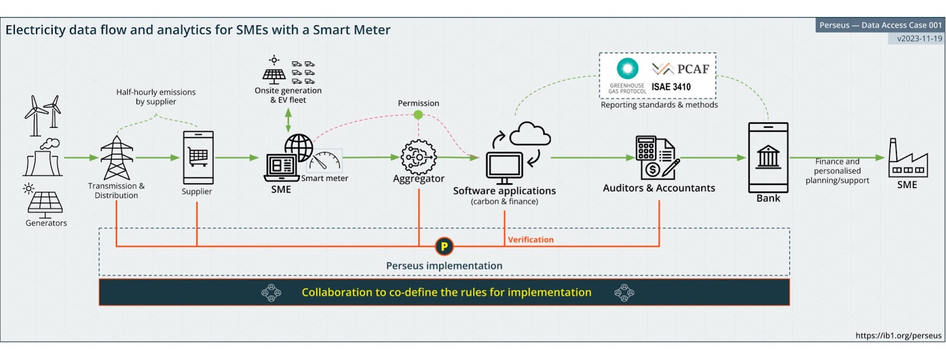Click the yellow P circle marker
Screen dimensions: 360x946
(x=444, y=246)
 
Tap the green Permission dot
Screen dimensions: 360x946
(x=418, y=115)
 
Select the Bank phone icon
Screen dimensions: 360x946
(x=768, y=157)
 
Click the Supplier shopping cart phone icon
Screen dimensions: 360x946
(x=198, y=157)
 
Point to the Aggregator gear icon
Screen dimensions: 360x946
(x=419, y=157)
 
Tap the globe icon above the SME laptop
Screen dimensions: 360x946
(x=299, y=146)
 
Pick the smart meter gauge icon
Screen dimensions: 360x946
(x=325, y=161)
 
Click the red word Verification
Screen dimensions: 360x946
(x=530, y=239)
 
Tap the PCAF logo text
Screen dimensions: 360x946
(x=681, y=69)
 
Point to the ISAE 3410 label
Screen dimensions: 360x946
(x=671, y=87)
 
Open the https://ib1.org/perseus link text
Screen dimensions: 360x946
(x=898, y=335)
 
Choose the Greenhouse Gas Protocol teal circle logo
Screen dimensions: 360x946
(x=627, y=69)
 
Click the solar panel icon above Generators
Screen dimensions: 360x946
(x=45, y=203)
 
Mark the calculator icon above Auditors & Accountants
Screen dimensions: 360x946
(x=646, y=148)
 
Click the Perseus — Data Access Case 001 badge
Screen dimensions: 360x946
(x=880, y=25)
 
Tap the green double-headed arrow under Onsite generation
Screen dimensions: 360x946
(x=289, y=120)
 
